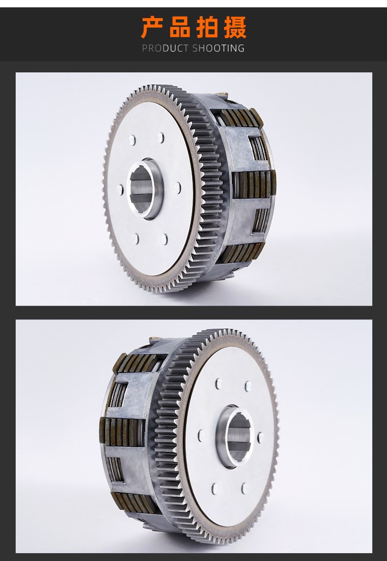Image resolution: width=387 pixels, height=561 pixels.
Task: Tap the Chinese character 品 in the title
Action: click(x=180, y=27)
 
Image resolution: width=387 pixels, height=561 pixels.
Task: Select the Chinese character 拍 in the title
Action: click(x=208, y=27)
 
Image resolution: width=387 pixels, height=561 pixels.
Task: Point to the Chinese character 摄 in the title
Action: click(x=236, y=27)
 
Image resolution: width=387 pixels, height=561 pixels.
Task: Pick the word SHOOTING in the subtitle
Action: click(x=218, y=48)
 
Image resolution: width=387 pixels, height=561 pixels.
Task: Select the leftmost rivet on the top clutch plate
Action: click(x=121, y=189)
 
